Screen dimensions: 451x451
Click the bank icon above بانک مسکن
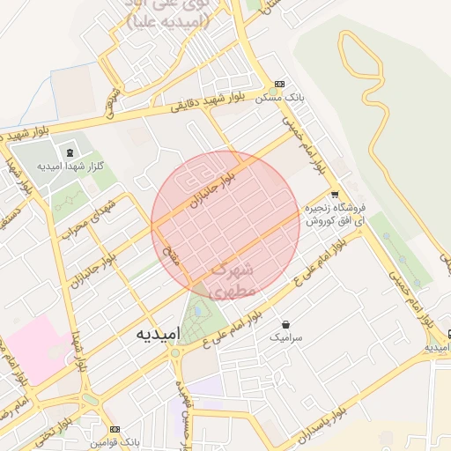pos(279,84)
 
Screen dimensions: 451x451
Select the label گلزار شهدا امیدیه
pos(74,166)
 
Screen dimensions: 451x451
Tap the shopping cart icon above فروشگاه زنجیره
pos(334,195)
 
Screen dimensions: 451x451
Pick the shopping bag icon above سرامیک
pos(287,323)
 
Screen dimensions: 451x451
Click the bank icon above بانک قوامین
pos(112,424)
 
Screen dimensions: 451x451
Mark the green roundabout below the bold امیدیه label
pos(176,354)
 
